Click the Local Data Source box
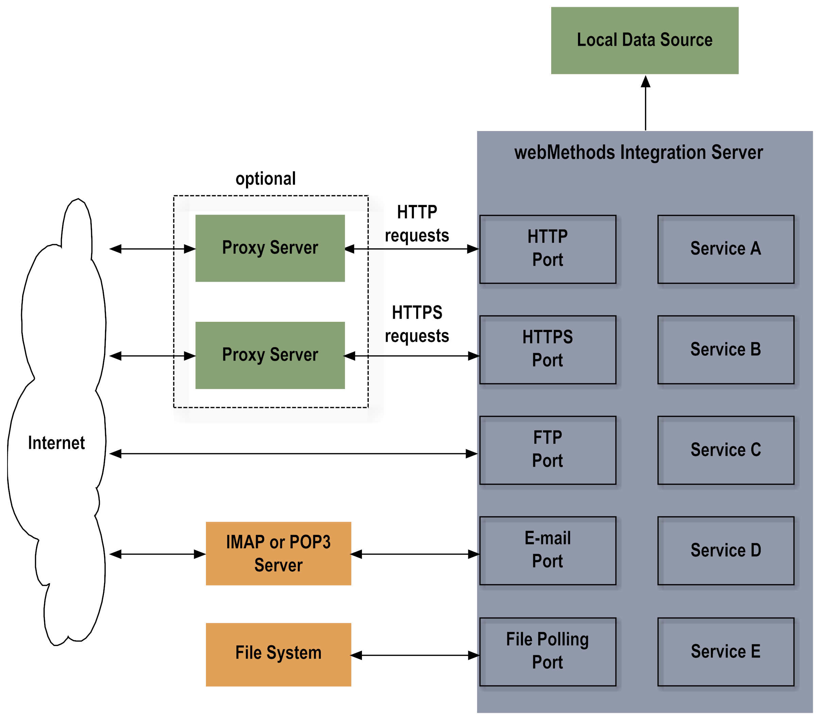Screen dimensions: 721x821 click(x=644, y=40)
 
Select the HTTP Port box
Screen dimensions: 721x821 click(x=547, y=249)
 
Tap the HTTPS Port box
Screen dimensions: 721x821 click(x=547, y=349)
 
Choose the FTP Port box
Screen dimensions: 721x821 click(x=547, y=450)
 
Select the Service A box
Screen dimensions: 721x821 click(x=726, y=249)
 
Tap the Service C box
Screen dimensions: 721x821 click(x=726, y=450)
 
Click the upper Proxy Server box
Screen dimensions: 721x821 click(x=270, y=248)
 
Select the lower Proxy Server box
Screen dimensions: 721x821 click(x=270, y=355)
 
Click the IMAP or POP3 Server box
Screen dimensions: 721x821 click(x=278, y=553)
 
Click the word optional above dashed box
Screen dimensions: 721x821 click(x=265, y=179)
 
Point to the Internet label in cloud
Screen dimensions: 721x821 click(x=56, y=443)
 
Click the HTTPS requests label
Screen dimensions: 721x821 click(x=417, y=324)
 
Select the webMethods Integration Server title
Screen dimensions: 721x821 click(x=638, y=152)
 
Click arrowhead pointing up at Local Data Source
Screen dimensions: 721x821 click(x=645, y=82)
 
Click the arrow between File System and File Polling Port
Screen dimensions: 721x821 click(x=415, y=655)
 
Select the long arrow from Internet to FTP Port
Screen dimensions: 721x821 click(x=293, y=454)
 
